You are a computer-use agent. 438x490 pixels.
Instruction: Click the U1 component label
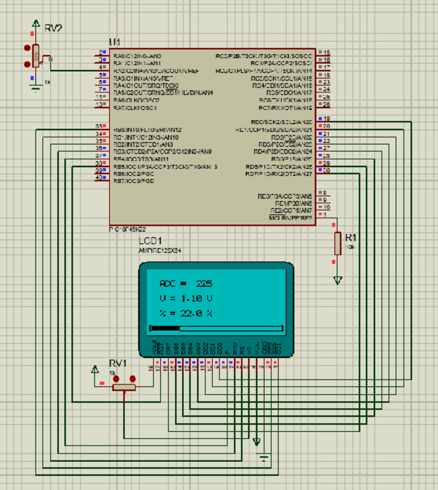tap(114, 42)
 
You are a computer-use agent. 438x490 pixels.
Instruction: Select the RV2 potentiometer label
tap(53, 28)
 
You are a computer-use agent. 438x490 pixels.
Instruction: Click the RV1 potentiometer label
tap(118, 363)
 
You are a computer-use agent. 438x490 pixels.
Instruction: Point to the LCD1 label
tap(150, 241)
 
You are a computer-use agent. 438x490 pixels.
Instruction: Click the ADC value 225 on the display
tap(204, 284)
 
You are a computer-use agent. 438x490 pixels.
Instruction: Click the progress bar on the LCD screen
tap(216, 328)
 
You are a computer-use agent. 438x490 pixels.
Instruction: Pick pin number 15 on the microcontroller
tap(326, 53)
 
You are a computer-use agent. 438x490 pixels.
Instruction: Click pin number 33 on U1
tap(98, 126)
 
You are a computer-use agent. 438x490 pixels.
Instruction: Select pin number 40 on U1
tap(98, 177)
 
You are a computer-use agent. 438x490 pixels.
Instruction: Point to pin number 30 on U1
tap(326, 170)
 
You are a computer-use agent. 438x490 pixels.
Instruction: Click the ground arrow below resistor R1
tap(337, 281)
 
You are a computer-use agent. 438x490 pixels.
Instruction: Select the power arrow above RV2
tap(36, 24)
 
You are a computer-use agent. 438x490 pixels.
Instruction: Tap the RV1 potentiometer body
tap(124, 387)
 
